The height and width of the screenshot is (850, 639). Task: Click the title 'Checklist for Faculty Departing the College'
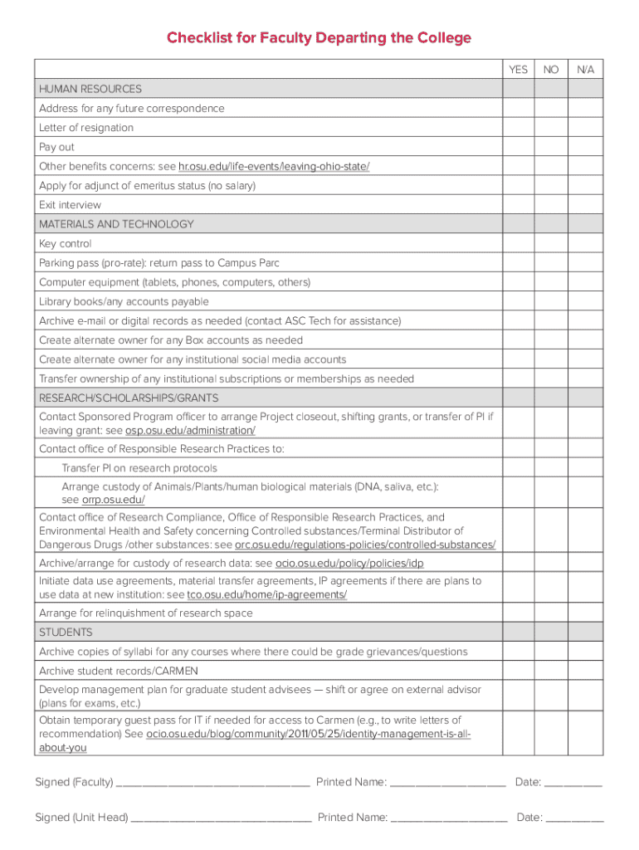(x=319, y=38)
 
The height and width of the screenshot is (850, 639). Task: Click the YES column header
(x=518, y=70)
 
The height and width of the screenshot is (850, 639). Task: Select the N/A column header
(x=586, y=70)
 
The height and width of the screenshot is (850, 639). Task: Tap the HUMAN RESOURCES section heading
(x=90, y=89)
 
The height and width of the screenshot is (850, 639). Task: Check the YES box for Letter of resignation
(x=518, y=128)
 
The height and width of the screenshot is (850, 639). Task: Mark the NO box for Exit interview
(x=551, y=205)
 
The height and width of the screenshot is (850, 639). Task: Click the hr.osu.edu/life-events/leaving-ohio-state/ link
(x=274, y=167)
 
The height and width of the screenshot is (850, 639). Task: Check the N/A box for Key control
(x=586, y=244)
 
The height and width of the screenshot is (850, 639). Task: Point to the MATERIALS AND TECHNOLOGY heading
(x=116, y=224)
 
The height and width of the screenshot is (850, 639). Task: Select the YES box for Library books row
(x=518, y=302)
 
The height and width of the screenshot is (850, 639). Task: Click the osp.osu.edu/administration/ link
(x=190, y=431)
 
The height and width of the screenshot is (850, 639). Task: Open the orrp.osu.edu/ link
(x=114, y=500)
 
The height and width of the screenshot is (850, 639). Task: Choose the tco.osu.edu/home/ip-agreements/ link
(x=267, y=595)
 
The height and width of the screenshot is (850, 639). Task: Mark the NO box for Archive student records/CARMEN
(x=551, y=671)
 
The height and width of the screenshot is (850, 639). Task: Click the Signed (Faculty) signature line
(x=213, y=783)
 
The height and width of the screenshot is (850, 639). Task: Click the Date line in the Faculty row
(x=573, y=783)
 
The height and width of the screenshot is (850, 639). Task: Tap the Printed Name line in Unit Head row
(x=448, y=818)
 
